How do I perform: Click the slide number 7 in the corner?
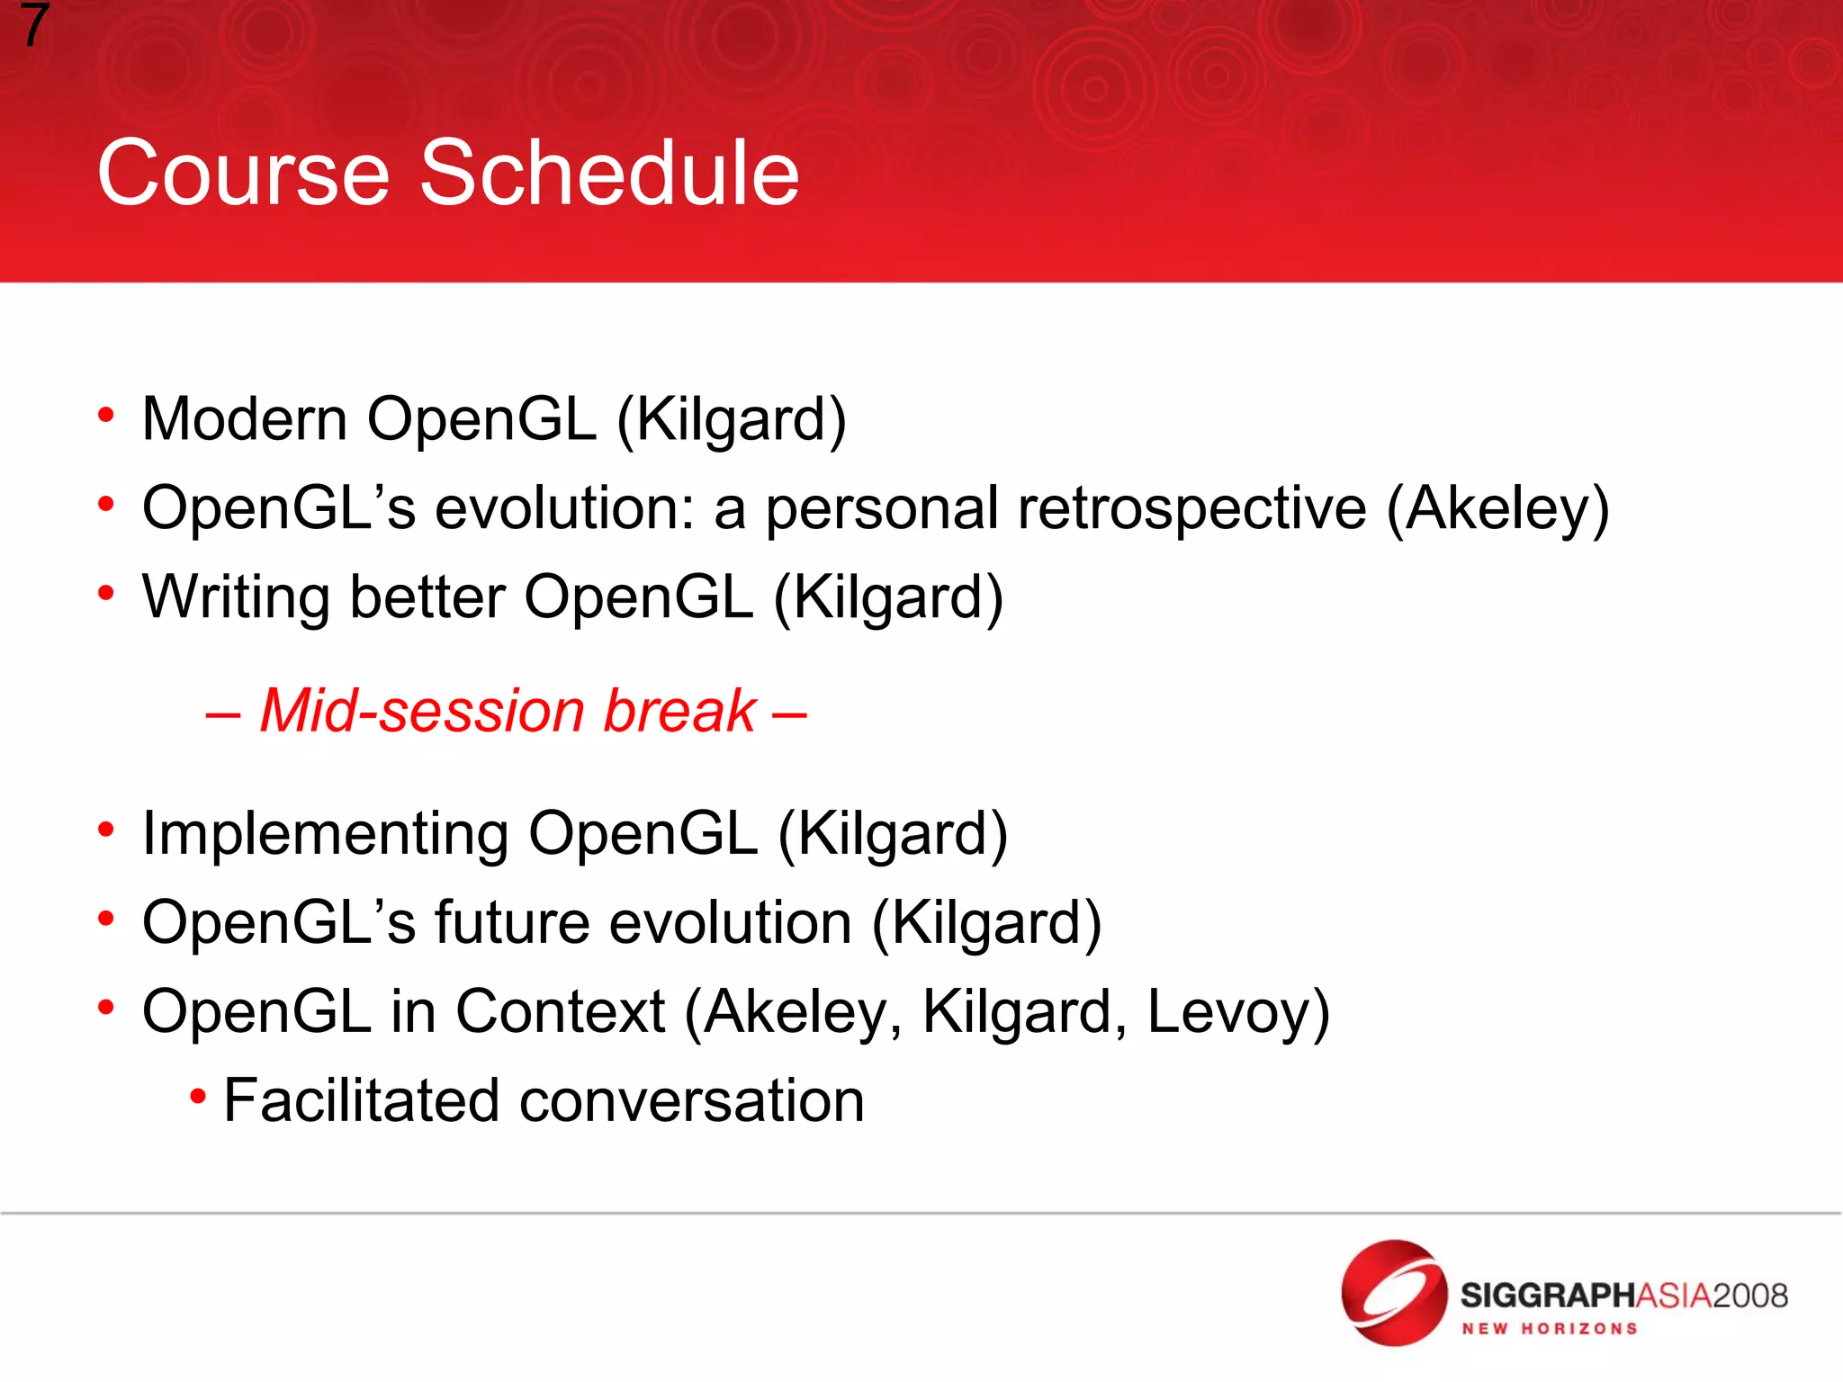coord(33,25)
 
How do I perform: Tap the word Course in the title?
coord(243,173)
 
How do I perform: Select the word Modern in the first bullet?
coord(245,419)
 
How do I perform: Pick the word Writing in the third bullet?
coord(236,598)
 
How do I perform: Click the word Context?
coord(560,1012)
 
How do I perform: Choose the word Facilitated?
coord(361,1100)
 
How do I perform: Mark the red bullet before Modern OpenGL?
coord(106,415)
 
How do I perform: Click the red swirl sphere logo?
coord(1393,1293)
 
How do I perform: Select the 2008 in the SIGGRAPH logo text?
coord(1749,1296)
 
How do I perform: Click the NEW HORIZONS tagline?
coord(1549,1329)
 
